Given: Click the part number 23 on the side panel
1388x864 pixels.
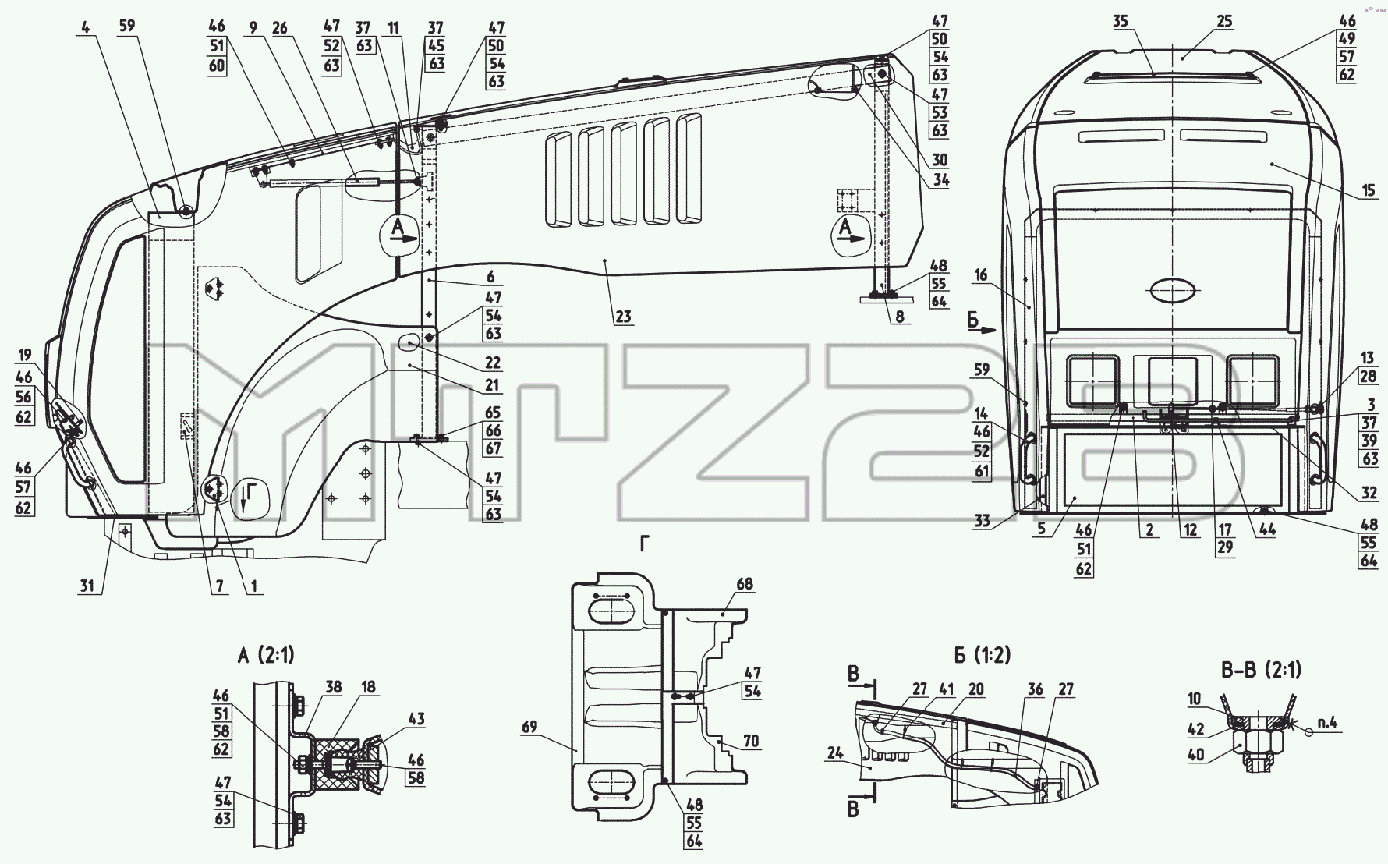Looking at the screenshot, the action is click(x=623, y=317).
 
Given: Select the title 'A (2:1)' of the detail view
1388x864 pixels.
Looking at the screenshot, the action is click(x=266, y=656).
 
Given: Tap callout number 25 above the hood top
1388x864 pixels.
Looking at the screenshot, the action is click(x=1224, y=21).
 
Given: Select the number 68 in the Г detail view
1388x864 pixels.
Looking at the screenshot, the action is click(x=745, y=584).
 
